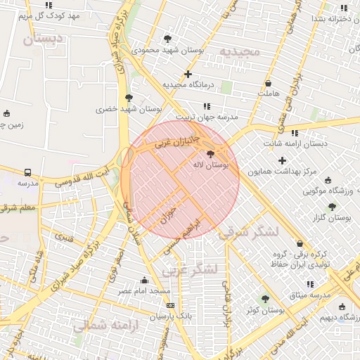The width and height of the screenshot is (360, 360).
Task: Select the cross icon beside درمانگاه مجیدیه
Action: click(x=188, y=74)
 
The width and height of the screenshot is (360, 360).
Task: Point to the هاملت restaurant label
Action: click(x=269, y=93)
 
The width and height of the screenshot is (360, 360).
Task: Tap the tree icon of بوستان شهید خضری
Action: click(x=128, y=98)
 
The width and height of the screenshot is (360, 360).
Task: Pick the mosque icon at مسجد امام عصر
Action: click(x=145, y=280)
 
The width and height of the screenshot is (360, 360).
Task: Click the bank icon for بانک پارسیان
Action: click(x=170, y=305)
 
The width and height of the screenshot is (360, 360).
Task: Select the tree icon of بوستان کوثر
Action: click(x=265, y=299)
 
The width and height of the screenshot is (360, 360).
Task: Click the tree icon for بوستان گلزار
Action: click(x=332, y=207)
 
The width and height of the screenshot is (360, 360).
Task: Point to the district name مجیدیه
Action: click(x=240, y=51)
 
